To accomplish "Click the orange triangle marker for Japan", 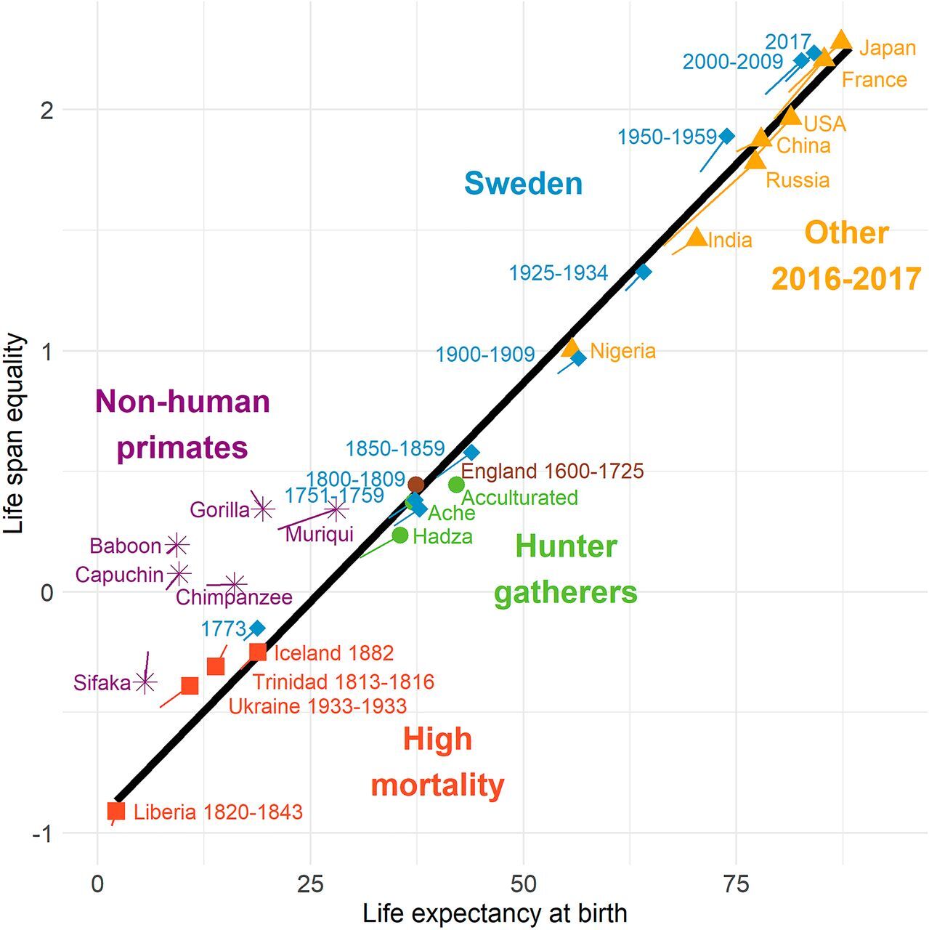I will coord(841,41).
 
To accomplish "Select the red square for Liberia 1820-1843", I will coord(116,811).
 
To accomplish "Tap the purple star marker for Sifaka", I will coord(145,682).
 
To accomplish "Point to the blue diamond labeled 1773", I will coord(257,628).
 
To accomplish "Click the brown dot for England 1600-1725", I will coord(415,485).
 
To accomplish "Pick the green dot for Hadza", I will coord(400,535).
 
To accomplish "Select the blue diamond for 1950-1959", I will coord(726,136).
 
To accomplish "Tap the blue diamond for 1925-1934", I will coord(643,272).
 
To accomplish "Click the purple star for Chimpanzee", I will coord(235,583).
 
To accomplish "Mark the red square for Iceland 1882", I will coord(257,652).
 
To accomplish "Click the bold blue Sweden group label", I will coord(523,183).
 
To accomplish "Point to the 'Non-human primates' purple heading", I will coord(182,424).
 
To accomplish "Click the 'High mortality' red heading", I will coord(437,762).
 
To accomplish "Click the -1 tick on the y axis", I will coord(42,834).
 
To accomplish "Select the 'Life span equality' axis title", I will coord(15,434).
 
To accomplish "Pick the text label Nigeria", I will coord(622,351).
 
